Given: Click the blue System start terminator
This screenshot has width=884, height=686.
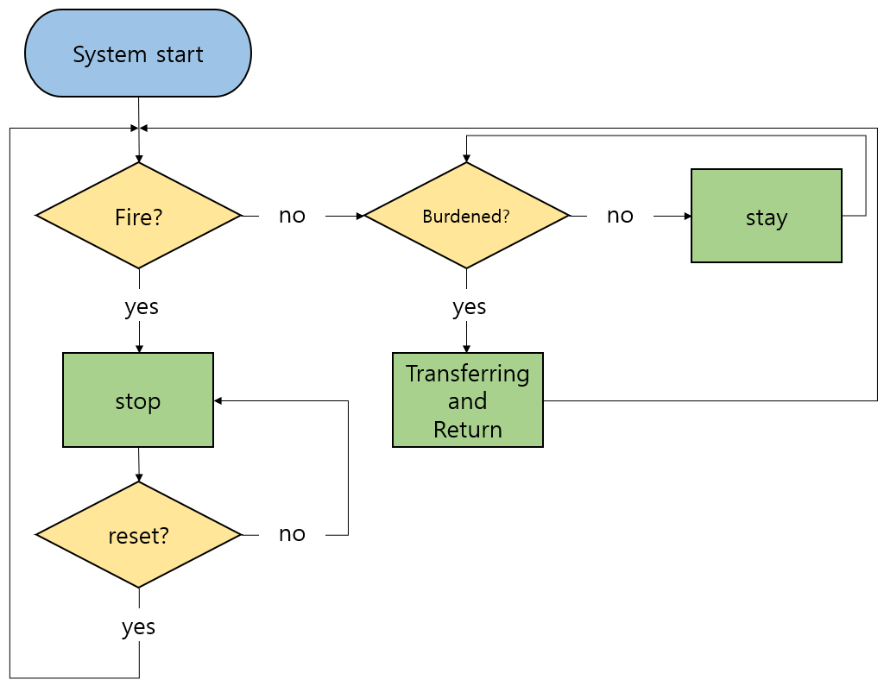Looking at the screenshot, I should [x=138, y=53].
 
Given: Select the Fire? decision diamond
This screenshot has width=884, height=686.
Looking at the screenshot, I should [x=138, y=216].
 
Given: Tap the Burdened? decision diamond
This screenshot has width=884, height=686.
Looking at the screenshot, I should [x=466, y=216].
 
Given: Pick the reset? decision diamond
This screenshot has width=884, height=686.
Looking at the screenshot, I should [x=138, y=535].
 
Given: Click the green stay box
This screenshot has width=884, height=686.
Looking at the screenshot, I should [x=766, y=216].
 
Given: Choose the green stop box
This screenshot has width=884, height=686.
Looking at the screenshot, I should [x=138, y=400].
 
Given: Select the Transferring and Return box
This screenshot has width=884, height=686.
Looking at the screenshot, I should [x=467, y=400].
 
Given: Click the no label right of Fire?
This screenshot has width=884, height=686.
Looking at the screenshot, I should [x=292, y=216].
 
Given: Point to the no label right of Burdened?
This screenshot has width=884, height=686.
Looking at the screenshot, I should [x=620, y=216].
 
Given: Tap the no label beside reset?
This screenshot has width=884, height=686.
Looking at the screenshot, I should [x=292, y=534].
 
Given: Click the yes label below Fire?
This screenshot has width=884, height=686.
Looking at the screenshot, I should [x=142, y=307].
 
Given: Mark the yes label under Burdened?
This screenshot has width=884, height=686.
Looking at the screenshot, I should [x=470, y=307].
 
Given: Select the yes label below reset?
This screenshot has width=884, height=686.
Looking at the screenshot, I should [x=138, y=627].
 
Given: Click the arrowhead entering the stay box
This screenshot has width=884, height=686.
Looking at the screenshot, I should [x=686, y=216].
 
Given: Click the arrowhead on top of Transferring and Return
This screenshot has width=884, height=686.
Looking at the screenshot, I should [x=467, y=348].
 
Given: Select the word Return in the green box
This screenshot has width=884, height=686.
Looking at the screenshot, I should [x=467, y=429].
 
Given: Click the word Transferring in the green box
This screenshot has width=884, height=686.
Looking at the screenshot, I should [x=467, y=374].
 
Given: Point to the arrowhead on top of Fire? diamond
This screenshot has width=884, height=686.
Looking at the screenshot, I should [x=138, y=159].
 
